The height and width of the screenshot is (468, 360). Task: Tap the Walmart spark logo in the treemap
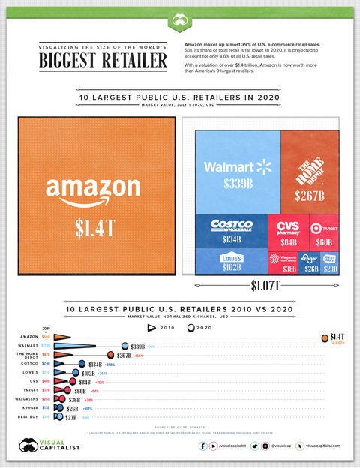262,165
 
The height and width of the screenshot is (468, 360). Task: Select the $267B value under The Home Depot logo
310,196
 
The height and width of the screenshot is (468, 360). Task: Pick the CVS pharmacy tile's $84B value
288,242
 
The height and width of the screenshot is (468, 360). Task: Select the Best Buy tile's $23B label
329,268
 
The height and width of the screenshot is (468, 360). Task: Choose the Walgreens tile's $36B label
289,268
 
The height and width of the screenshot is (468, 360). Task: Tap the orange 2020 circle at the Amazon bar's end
324,338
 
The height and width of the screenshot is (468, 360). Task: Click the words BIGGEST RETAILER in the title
103,59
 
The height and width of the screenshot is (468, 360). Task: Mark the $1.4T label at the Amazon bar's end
339,337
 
